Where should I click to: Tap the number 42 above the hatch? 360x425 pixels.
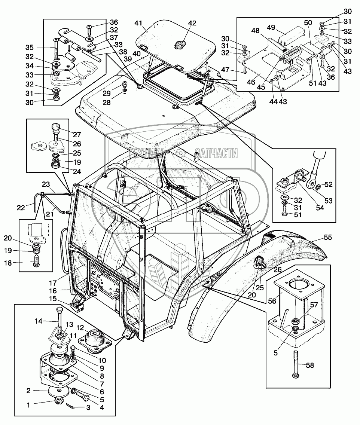tap(192, 23)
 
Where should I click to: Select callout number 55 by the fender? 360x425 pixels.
tap(328, 237)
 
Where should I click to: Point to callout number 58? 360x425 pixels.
tap(310, 365)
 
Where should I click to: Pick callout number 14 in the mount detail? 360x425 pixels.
tap(39, 321)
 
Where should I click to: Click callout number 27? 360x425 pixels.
tap(77, 134)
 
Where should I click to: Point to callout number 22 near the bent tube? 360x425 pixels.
tap(21, 208)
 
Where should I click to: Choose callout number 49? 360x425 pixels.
tap(271, 27)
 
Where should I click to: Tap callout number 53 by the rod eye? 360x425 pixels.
tap(328, 201)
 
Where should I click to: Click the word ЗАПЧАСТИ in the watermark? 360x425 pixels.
tap(216, 153)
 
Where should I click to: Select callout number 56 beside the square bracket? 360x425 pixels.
tap(272, 301)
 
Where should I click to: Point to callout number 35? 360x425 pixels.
tap(30, 48)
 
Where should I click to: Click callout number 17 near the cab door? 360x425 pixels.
tap(53, 283)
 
